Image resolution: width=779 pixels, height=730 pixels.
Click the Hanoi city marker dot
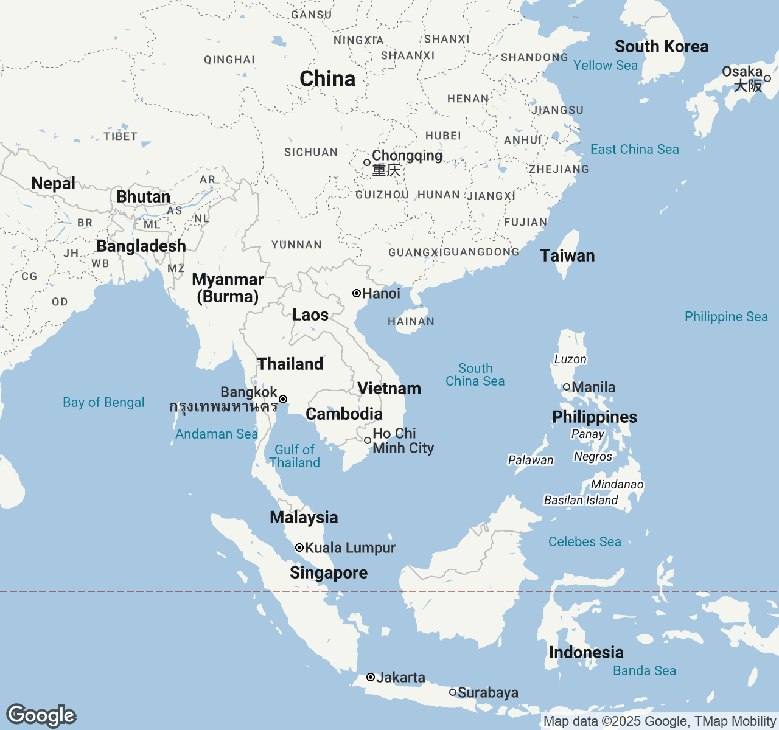click(357, 293)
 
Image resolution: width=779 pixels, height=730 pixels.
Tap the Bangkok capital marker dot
click(283, 399)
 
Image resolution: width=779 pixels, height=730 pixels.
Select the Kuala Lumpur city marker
click(299, 547)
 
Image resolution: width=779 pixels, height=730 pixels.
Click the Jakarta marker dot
click(370, 677)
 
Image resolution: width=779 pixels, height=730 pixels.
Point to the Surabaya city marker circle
click(453, 692)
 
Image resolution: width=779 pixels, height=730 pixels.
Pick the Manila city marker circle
click(566, 387)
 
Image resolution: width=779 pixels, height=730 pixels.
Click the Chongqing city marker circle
click(366, 162)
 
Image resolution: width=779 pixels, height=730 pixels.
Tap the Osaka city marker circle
click(767, 78)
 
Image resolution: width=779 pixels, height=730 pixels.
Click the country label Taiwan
click(567, 255)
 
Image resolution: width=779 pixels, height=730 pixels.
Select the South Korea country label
click(662, 47)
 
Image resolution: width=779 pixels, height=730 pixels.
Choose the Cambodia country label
click(344, 414)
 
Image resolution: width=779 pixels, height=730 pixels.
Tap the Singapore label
click(329, 572)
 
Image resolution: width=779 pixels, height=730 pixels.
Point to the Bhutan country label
click(143, 196)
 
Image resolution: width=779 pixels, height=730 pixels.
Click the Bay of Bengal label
click(103, 402)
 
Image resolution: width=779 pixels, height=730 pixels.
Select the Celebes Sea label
click(584, 541)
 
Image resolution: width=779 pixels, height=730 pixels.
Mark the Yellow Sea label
click(605, 65)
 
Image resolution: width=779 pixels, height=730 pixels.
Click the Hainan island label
click(411, 321)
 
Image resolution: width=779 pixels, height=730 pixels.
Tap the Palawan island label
click(531, 460)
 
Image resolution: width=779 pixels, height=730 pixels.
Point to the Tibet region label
click(121, 136)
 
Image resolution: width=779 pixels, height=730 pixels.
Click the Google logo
click(41, 715)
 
